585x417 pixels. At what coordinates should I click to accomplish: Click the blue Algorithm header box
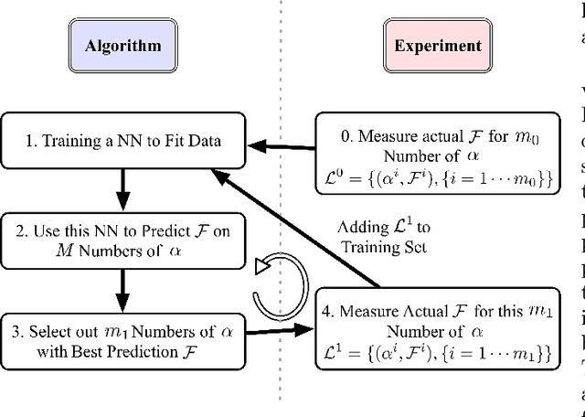pyautogui.click(x=123, y=45)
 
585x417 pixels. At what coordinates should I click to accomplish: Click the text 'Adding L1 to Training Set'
pyautogui.click(x=385, y=237)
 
